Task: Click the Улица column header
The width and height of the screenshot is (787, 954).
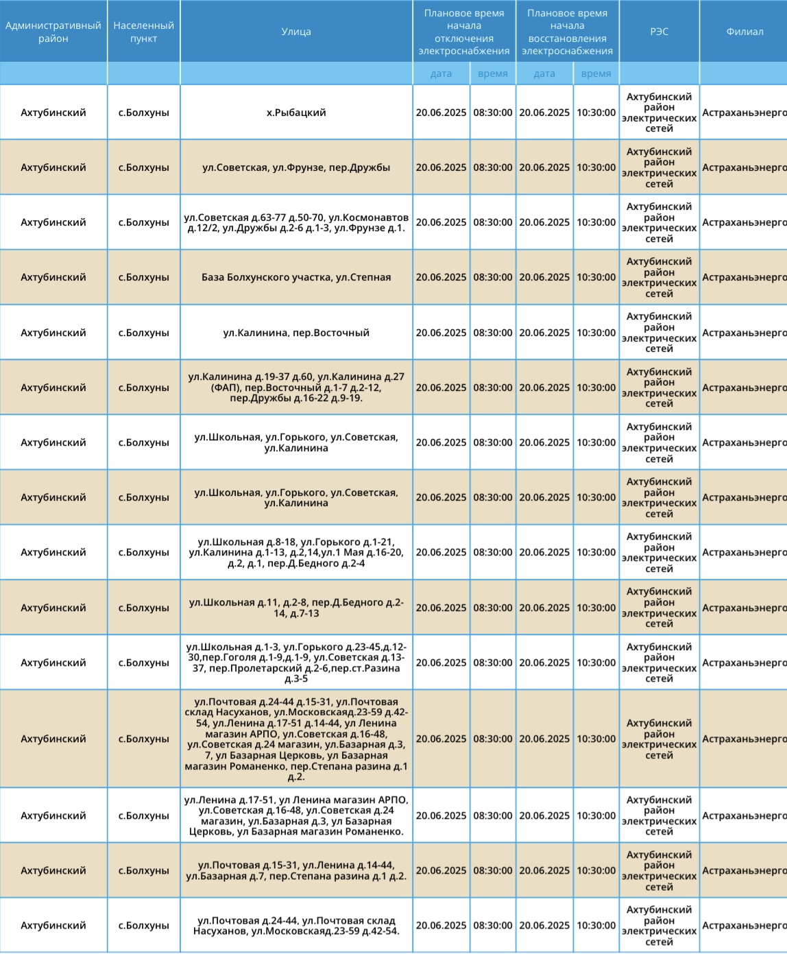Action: (x=296, y=32)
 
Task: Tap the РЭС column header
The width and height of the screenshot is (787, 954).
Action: (x=659, y=32)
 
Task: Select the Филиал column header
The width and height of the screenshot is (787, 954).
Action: (x=744, y=32)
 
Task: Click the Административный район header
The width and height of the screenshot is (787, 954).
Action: (x=53, y=32)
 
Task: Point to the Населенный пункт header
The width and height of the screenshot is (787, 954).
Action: (x=143, y=32)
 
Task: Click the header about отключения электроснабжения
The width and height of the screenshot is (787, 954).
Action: (x=464, y=32)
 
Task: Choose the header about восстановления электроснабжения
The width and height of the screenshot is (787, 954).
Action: (x=567, y=32)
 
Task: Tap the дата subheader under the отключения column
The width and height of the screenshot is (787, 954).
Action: (x=441, y=73)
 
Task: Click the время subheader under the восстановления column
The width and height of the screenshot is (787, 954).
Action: (x=596, y=73)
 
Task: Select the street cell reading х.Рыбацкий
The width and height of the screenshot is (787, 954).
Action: (x=296, y=112)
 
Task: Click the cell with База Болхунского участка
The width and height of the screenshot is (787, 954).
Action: (x=296, y=277)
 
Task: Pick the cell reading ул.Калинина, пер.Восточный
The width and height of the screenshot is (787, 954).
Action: (x=296, y=333)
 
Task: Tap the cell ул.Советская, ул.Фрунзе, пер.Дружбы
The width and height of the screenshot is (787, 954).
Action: (x=296, y=167)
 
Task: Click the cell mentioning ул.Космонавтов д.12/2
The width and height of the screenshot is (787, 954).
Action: (x=296, y=222)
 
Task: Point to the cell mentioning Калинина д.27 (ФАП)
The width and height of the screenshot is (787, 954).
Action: (x=296, y=387)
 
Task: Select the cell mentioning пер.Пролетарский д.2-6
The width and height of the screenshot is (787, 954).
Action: (x=296, y=663)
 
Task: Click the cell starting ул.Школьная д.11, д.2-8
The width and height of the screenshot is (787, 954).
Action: (x=296, y=608)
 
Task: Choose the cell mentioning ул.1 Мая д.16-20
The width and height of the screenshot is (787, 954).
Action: (x=296, y=552)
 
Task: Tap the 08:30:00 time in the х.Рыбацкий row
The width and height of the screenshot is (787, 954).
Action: (x=492, y=112)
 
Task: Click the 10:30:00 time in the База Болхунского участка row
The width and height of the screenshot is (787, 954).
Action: (x=596, y=277)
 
